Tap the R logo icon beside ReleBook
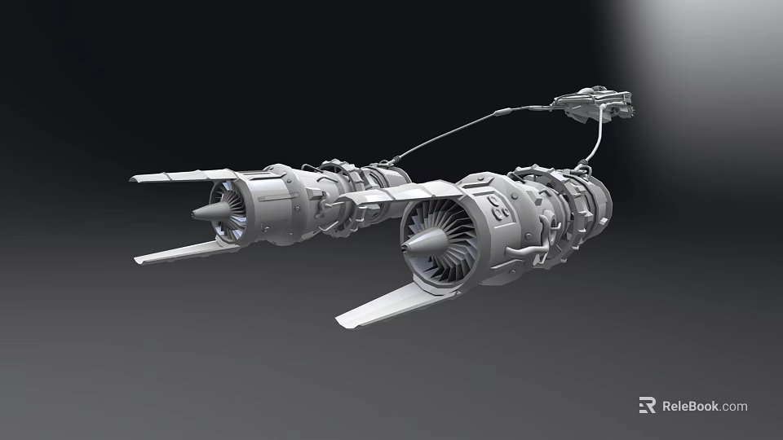[x=647, y=406]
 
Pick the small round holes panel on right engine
[x=499, y=209]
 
